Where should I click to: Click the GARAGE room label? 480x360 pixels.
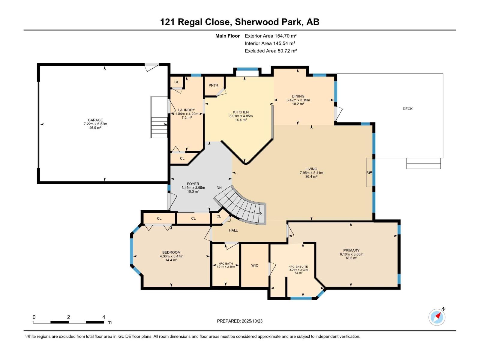coord(95,120)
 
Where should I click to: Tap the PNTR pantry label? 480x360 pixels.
coord(213,85)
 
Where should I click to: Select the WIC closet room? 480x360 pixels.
coord(255,265)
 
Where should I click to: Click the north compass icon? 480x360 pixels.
coord(437,317)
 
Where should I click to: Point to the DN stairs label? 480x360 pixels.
coord(219,188)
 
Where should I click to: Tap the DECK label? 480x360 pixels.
coord(407,109)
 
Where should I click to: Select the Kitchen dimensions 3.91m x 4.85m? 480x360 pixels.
coord(241,116)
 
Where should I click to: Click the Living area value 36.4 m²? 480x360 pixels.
coord(311,177)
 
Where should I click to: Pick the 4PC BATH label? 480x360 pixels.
coord(225,263)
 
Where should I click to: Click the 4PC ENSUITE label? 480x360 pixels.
coord(298,266)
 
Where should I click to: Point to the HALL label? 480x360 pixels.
coord(233,230)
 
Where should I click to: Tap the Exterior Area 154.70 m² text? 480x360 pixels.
coord(271,36)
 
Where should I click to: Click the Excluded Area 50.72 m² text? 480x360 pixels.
coord(271,51)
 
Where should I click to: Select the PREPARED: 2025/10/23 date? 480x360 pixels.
coord(240,321)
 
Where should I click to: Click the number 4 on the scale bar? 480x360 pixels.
coord(104,317)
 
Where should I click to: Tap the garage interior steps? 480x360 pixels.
coord(159,127)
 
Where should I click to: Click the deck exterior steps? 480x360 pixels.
coord(423,163)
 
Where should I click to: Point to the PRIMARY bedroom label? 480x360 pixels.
coord(351,250)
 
